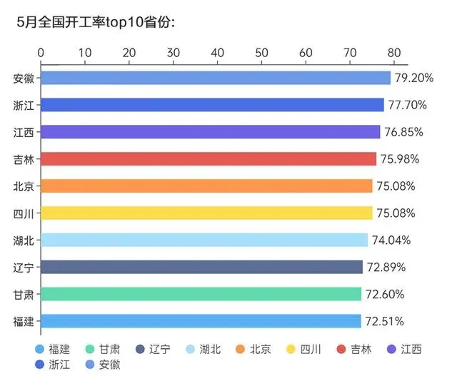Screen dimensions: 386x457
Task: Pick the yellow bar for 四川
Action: pyautogui.click(x=206, y=213)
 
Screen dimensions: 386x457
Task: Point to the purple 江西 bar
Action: pyautogui.click(x=211, y=132)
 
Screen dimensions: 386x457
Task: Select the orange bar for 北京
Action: pyautogui.click(x=206, y=186)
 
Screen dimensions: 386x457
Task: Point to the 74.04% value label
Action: pyautogui.click(x=391, y=240)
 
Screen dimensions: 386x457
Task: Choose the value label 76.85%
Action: pyautogui.click(x=403, y=132)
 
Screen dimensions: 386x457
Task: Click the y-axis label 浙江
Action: pyautogui.click(x=24, y=105)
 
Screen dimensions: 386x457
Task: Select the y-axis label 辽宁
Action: pyautogui.click(x=24, y=267)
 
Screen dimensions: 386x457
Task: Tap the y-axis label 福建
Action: pyautogui.click(x=24, y=321)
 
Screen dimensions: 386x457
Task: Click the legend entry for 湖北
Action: pyautogui.click(x=204, y=349)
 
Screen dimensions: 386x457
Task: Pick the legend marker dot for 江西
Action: pyautogui.click(x=392, y=349)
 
